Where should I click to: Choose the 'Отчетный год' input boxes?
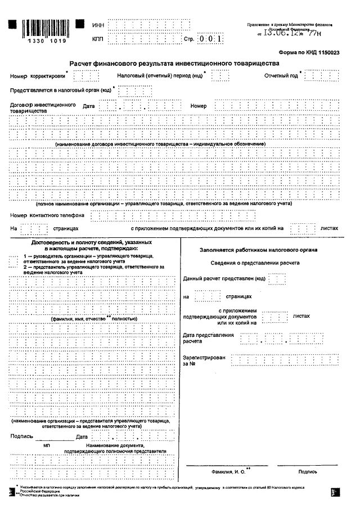tap(321, 76)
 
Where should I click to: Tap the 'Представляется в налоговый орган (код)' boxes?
tap(135, 91)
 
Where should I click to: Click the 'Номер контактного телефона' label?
tap(47, 215)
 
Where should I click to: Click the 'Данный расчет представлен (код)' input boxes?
tap(277, 278)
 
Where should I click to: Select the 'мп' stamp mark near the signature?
tap(47, 445)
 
